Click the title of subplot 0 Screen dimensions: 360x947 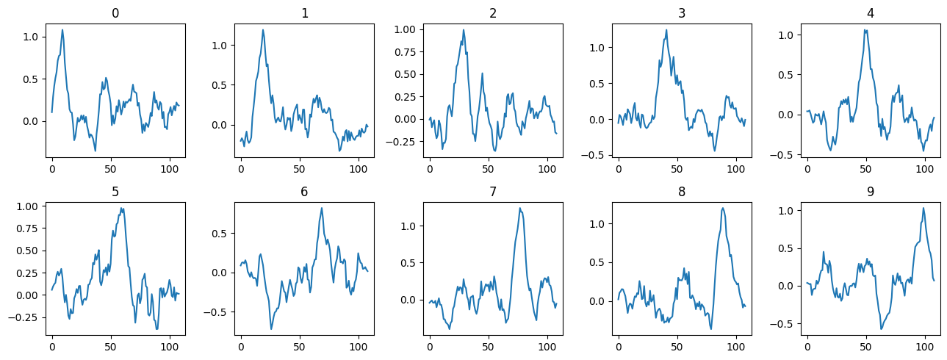[x=115, y=13]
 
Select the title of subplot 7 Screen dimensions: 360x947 [x=493, y=192]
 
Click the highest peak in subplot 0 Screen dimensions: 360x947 [x=62, y=30]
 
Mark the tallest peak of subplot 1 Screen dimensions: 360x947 [x=263, y=30]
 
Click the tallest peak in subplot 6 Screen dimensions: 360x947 [x=322, y=208]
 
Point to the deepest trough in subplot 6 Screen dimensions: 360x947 [x=272, y=329]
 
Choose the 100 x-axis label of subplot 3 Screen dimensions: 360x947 [x=736, y=168]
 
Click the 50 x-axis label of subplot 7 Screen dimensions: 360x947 [x=489, y=346]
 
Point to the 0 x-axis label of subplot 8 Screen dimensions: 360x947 [x=619, y=346]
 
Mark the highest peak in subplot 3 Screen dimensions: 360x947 [x=666, y=30]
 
